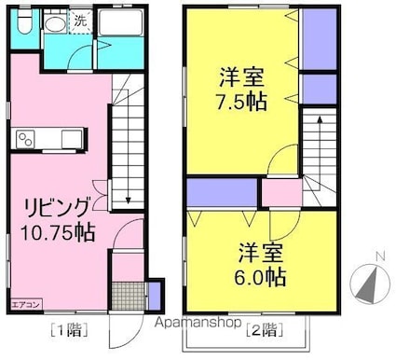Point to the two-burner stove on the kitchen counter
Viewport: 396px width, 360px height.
pos(26,140)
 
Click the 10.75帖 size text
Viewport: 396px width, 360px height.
pos(58,228)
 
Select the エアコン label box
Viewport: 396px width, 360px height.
pos(25,302)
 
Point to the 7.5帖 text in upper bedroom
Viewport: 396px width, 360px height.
pos(243,101)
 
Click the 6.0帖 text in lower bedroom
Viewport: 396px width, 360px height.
pos(261,277)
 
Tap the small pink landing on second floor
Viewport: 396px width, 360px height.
pos(279,192)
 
